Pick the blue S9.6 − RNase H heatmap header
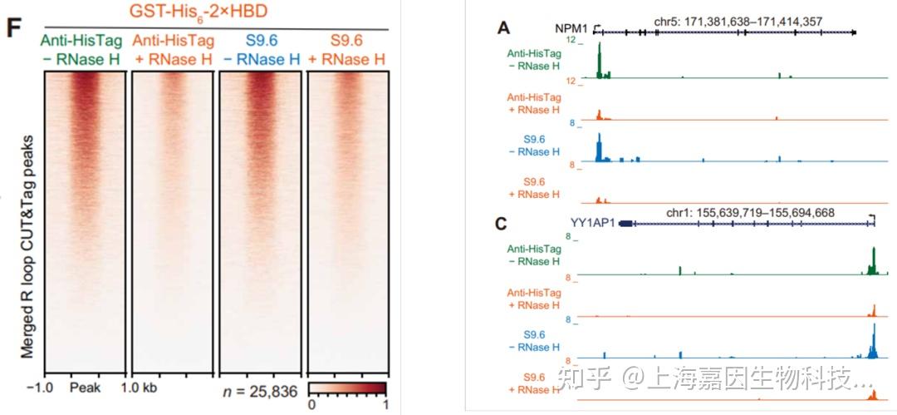(x=260, y=50)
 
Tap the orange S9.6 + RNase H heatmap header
(x=347, y=50)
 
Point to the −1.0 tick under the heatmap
(x=39, y=388)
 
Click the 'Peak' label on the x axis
(x=85, y=388)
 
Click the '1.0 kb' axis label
(x=139, y=388)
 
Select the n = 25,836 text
(x=260, y=391)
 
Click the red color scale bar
(x=348, y=388)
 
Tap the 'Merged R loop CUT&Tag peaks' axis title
(x=27, y=245)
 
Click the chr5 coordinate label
(x=720, y=20)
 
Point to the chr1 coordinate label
(x=733, y=214)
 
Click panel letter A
(x=502, y=28)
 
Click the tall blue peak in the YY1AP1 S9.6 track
(x=873, y=341)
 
